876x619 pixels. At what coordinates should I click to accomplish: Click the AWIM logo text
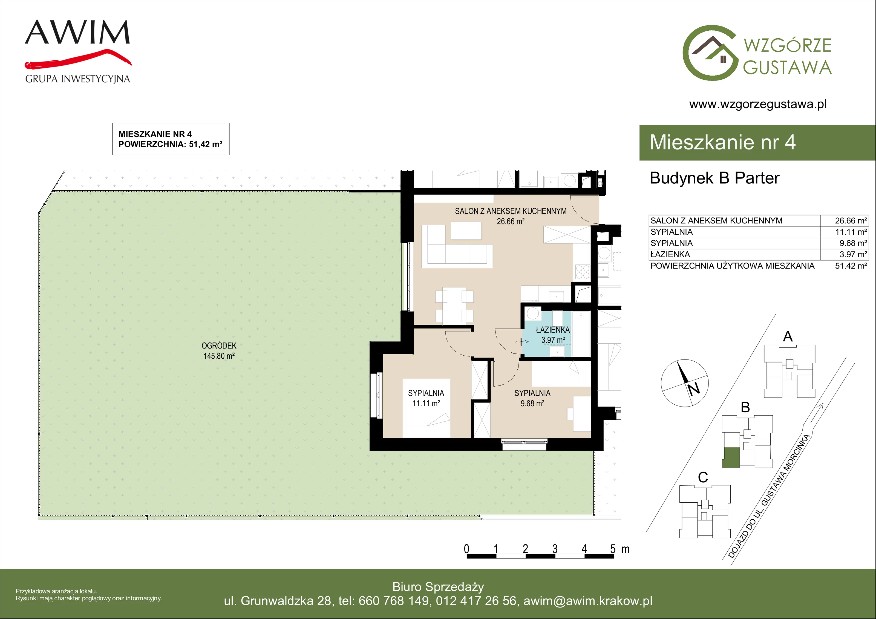click(x=77, y=32)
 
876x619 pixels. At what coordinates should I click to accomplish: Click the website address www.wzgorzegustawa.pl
click(x=758, y=104)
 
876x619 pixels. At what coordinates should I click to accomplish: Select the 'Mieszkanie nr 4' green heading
click(x=723, y=142)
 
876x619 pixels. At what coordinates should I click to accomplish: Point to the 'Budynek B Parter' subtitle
click(x=714, y=178)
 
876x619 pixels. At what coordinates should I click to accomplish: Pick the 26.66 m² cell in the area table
click(x=851, y=221)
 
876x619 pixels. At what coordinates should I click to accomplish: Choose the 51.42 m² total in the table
click(x=851, y=266)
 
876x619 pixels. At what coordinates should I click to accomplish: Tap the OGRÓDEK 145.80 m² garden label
click(x=219, y=351)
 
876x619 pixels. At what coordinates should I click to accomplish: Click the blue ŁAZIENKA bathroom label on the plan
click(x=553, y=335)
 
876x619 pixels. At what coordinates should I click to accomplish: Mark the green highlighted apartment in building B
click(x=731, y=457)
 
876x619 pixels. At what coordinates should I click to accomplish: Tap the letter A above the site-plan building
click(x=788, y=336)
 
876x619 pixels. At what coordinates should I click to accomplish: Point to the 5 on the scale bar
click(x=613, y=549)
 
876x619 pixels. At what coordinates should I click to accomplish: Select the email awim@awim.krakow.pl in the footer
click(x=588, y=601)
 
